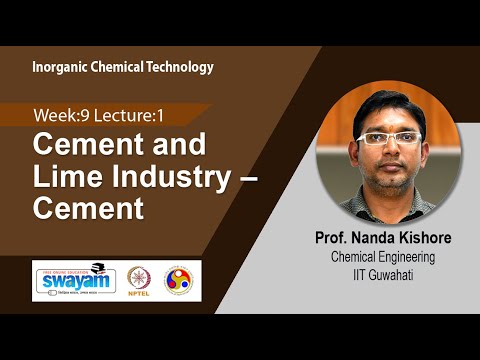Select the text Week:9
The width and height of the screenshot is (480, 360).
[x=59, y=114]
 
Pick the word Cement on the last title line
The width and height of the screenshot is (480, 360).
[x=89, y=208]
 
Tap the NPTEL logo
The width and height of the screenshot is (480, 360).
[x=138, y=278]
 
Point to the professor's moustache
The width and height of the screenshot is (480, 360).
[x=390, y=161]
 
